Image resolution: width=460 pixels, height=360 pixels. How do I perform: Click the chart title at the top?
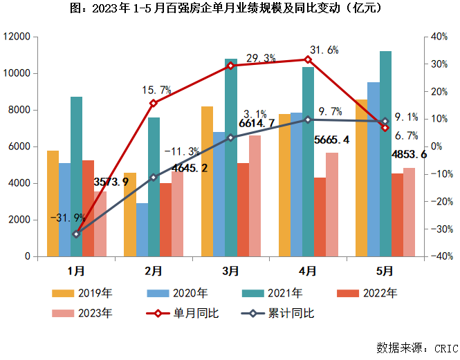(x=229, y=9)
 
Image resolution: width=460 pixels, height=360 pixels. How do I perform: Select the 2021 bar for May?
(x=385, y=153)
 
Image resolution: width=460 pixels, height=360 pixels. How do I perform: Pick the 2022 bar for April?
(x=320, y=217)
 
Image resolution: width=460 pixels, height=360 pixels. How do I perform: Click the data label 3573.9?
(x=111, y=182)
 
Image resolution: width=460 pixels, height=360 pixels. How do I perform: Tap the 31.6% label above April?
(x=324, y=50)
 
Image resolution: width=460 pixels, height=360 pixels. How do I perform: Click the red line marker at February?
(x=154, y=103)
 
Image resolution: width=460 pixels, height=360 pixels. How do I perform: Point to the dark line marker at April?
(x=308, y=120)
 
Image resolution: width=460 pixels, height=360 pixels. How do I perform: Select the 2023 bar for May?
(x=409, y=211)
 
